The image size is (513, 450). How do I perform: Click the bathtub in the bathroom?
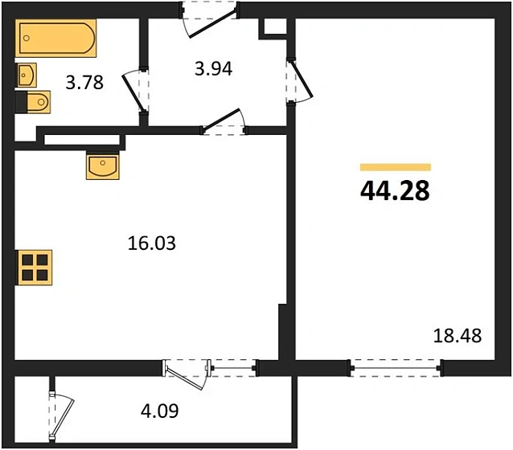[55, 38]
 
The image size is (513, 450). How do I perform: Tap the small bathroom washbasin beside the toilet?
[25, 75]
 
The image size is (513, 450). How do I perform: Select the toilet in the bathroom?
[35, 102]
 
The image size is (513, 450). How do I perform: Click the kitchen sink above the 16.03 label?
[103, 167]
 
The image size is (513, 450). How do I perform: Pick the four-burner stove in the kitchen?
[35, 266]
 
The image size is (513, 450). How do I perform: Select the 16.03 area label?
[152, 242]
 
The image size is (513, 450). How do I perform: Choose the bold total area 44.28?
[395, 192]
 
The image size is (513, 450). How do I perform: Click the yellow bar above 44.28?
[395, 167]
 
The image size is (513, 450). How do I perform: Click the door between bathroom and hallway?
[136, 91]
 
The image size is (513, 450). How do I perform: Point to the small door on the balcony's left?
[58, 413]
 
